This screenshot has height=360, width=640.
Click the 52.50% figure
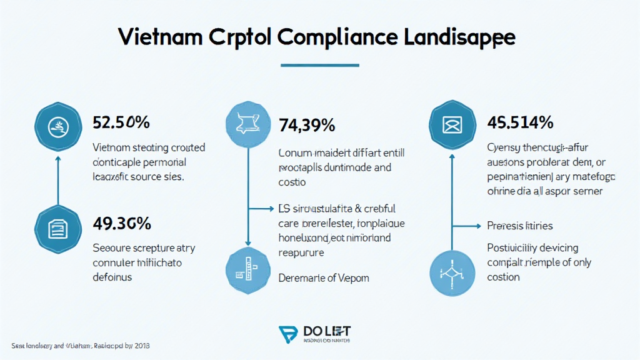point(121,122)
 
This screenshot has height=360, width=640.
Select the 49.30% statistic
point(121,222)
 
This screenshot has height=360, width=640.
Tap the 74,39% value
point(307,126)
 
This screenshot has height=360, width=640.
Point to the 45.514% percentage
point(520,122)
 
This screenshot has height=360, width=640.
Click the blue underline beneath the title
point(320,64)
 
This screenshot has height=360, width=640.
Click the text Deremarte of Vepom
point(322,278)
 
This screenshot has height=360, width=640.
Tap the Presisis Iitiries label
point(519,225)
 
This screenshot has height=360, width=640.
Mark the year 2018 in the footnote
point(141,346)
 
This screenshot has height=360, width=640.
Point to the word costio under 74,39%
point(292,182)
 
